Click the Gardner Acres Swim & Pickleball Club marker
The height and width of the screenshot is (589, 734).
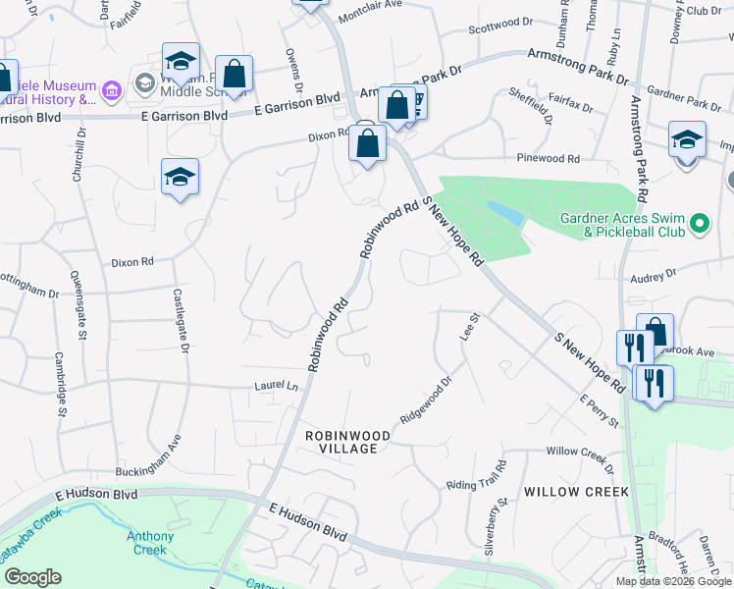[700, 225]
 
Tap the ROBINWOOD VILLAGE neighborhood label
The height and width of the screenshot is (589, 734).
[347, 441]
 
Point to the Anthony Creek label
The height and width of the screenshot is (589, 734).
[150, 543]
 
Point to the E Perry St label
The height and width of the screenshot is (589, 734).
[599, 411]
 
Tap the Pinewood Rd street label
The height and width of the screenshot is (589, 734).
[548, 158]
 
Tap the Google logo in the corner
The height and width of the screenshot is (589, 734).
[32, 577]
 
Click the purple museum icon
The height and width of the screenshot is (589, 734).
[111, 92]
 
